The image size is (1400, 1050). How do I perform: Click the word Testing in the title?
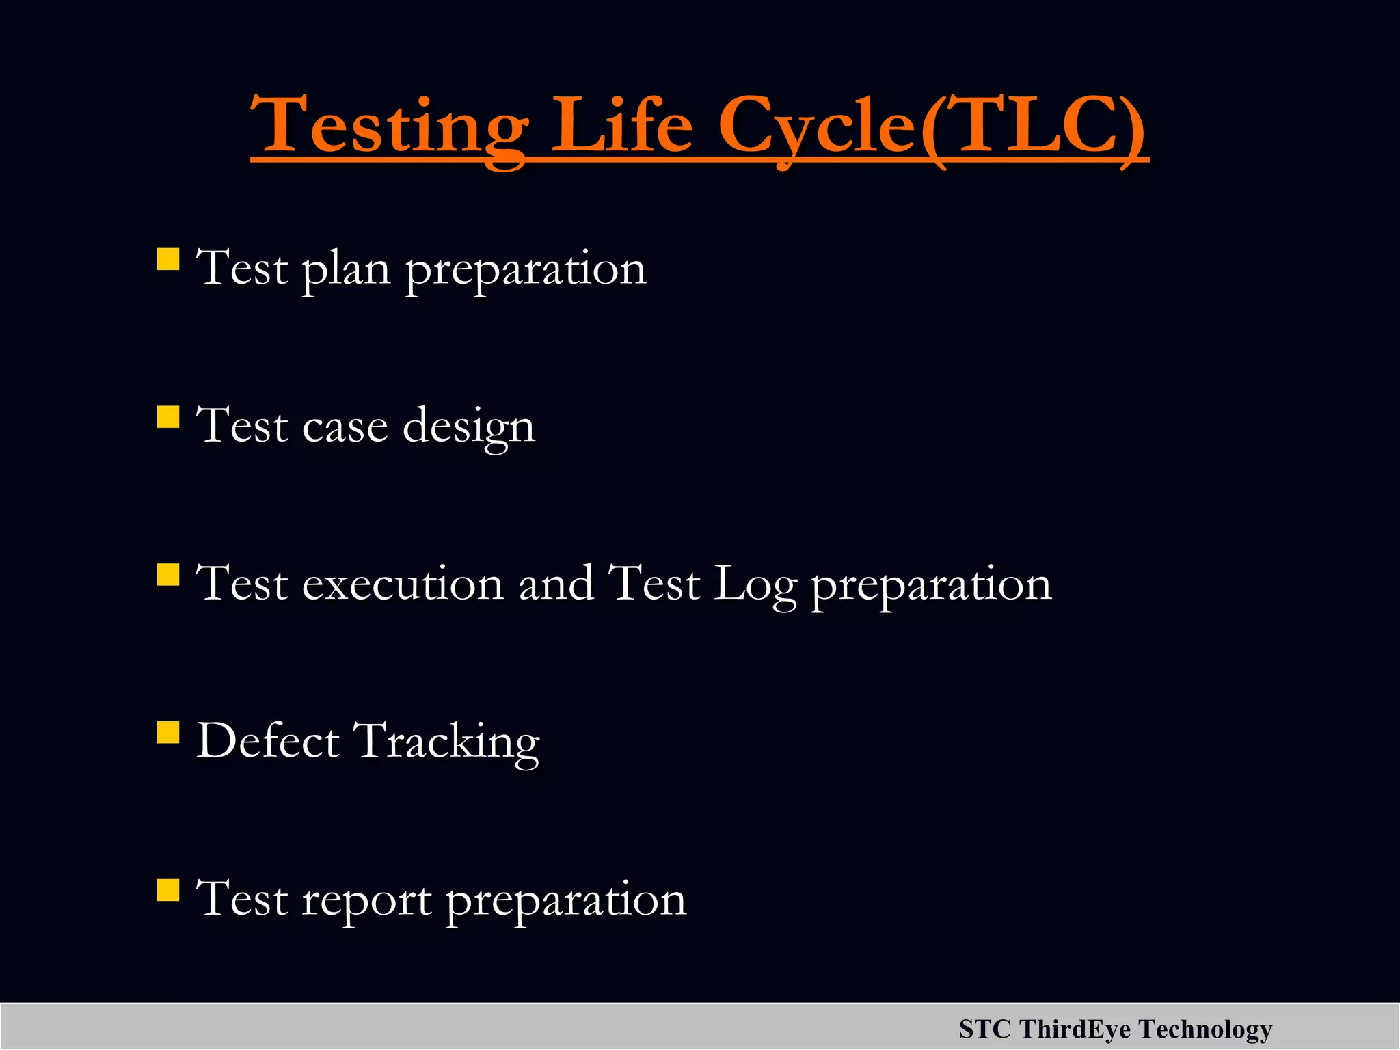click(390, 126)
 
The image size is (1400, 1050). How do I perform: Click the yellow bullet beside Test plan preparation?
click(167, 260)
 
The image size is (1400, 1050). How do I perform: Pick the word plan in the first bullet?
click(346, 270)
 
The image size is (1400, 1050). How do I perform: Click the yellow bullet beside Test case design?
click(167, 417)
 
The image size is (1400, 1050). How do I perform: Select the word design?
click(469, 428)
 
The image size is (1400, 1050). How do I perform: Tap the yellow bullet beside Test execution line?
click(167, 575)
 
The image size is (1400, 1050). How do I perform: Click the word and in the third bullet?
click(556, 584)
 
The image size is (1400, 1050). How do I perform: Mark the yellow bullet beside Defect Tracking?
click(167, 733)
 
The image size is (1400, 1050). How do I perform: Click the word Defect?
click(267, 741)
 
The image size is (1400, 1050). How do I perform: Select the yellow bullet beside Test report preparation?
click(167, 891)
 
